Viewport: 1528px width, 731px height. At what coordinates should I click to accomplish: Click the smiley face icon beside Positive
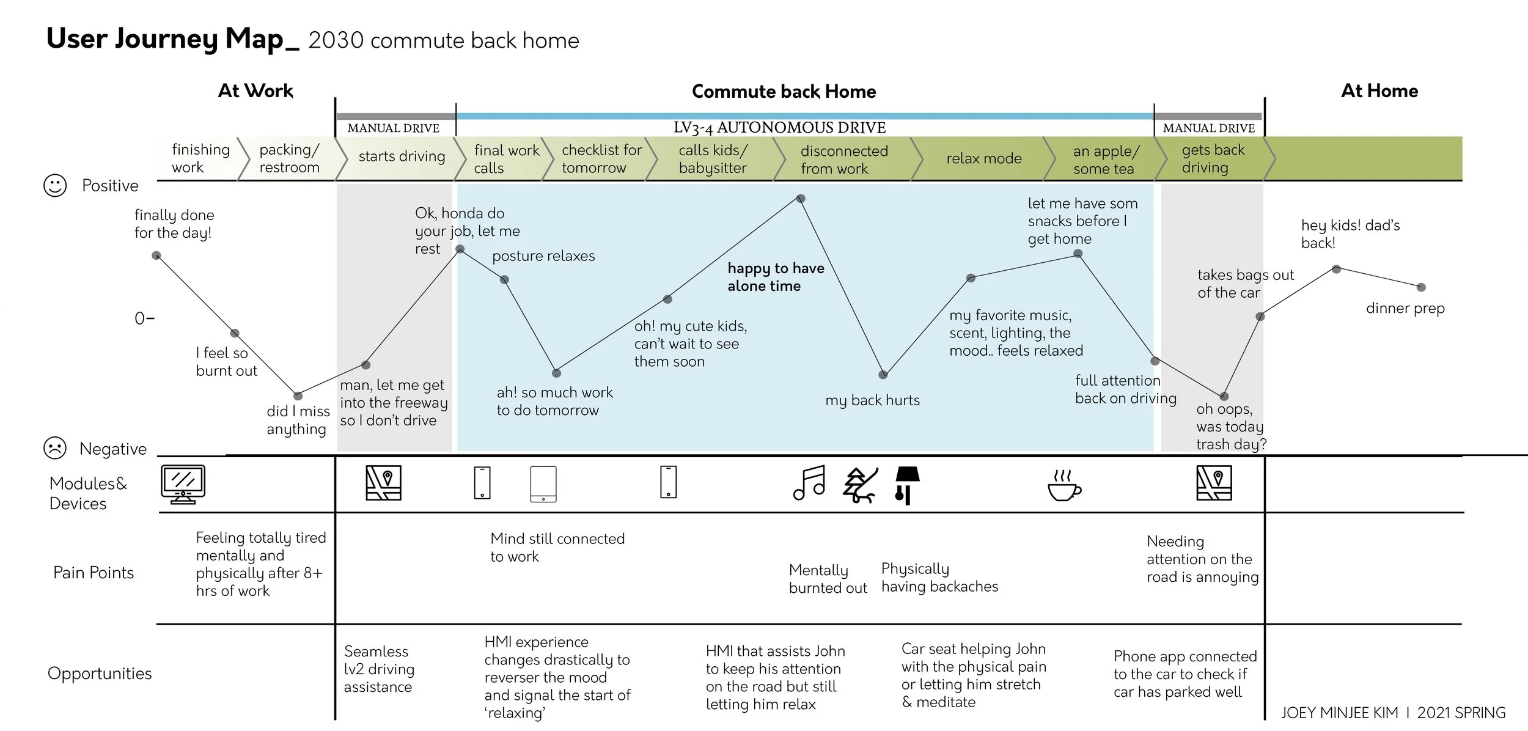55,185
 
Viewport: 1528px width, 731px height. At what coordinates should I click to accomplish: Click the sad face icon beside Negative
55,448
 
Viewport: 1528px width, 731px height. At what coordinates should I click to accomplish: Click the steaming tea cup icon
1063,485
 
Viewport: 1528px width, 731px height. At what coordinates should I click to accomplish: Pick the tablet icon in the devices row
543,484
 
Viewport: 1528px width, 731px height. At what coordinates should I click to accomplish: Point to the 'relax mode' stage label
983,159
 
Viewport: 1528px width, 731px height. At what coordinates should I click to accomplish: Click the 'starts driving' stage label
402,156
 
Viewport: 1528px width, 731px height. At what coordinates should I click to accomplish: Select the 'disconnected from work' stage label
843,160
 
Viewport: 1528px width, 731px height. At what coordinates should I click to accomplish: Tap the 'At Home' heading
1379,91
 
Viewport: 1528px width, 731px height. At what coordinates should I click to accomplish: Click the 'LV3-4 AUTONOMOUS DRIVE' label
779,128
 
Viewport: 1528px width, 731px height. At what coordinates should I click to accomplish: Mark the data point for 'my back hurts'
883,375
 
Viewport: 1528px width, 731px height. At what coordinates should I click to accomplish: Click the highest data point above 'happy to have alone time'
801,199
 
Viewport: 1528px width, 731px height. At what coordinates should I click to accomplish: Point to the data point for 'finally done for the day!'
156,255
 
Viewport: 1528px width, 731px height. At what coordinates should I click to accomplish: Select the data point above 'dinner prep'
1421,287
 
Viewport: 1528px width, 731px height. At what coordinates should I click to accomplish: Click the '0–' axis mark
144,318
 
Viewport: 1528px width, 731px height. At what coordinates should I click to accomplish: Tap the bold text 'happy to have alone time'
775,277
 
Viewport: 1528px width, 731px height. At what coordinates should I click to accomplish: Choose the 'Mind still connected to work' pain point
557,548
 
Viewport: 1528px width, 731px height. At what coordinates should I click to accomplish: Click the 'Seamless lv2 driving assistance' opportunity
379,669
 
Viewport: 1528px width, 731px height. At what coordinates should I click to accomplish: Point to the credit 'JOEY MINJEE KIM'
1339,713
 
